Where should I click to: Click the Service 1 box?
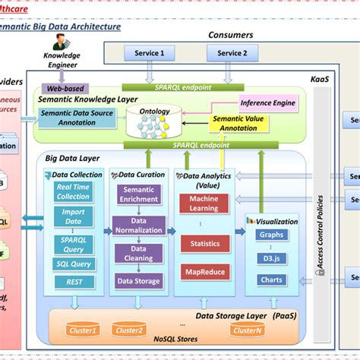point(150,53)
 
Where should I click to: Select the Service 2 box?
point(232,53)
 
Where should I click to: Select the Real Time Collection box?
point(73,192)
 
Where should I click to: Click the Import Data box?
point(73,216)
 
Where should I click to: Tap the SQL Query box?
point(73,264)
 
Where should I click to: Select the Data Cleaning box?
point(137,253)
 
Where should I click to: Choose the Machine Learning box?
point(204,204)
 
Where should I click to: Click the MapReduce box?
point(204,272)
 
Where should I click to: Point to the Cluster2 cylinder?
point(129,330)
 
